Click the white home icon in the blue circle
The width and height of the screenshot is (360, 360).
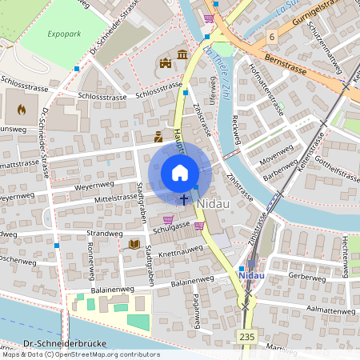click(180, 173)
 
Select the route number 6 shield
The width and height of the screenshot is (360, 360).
click(272, 37)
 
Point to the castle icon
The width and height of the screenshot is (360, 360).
click(166, 62)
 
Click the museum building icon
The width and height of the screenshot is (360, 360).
click(183, 54)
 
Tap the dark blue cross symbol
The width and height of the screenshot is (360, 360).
click(184, 198)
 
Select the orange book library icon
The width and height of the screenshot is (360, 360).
click(134, 243)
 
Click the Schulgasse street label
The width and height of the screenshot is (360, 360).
click(172, 227)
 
